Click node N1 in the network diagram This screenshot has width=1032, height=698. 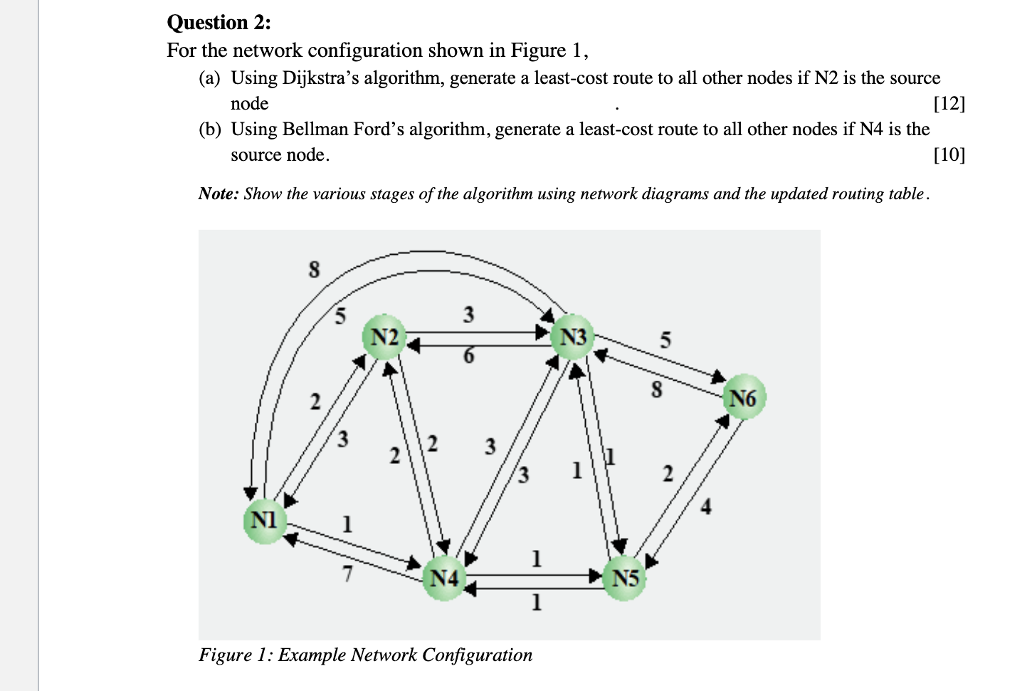[264, 520]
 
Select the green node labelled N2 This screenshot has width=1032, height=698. [384, 337]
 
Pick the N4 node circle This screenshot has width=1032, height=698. [444, 578]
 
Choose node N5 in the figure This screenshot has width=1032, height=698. [624, 578]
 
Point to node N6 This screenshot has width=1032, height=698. [743, 398]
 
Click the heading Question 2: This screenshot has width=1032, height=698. [218, 23]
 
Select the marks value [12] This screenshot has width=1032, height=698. [949, 104]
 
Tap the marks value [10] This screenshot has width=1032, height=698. [949, 154]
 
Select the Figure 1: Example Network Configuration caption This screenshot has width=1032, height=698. [365, 655]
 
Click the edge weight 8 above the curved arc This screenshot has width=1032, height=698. [314, 270]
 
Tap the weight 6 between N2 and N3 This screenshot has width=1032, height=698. [468, 355]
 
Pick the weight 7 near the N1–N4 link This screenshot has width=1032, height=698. [347, 573]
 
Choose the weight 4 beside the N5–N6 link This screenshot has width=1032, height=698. [705, 507]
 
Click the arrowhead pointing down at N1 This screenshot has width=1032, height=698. [250, 493]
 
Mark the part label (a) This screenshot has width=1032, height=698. [209, 78]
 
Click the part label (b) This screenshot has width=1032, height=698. [209, 129]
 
